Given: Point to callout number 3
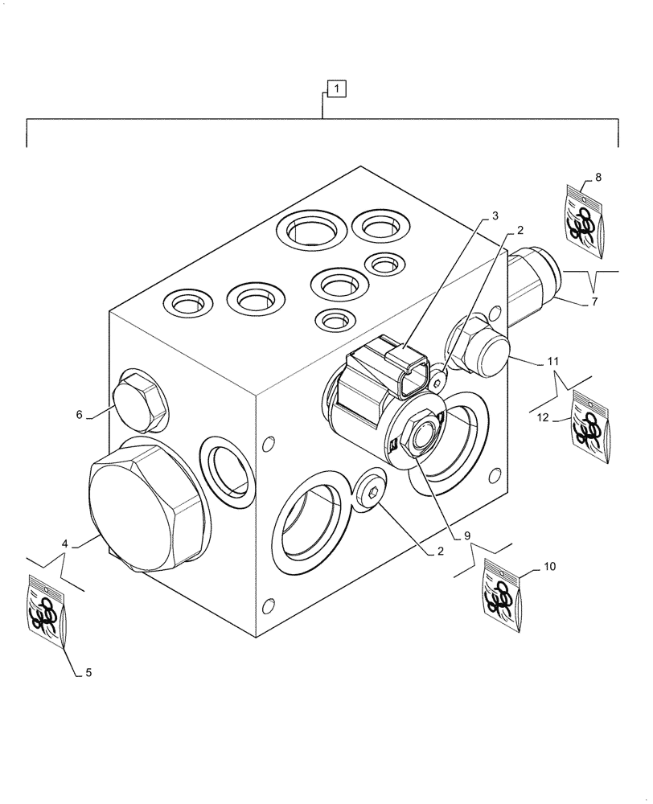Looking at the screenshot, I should [495, 215].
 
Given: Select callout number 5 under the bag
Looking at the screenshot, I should [88, 673].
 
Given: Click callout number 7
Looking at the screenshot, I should [594, 302].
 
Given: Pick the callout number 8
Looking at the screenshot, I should [598, 176].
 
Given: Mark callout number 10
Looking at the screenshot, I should [549, 567].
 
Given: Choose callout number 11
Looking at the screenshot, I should [552, 362].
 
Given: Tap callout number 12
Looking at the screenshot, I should [542, 417].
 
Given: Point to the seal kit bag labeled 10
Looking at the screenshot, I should [504, 598].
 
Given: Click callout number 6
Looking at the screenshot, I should [80, 414].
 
